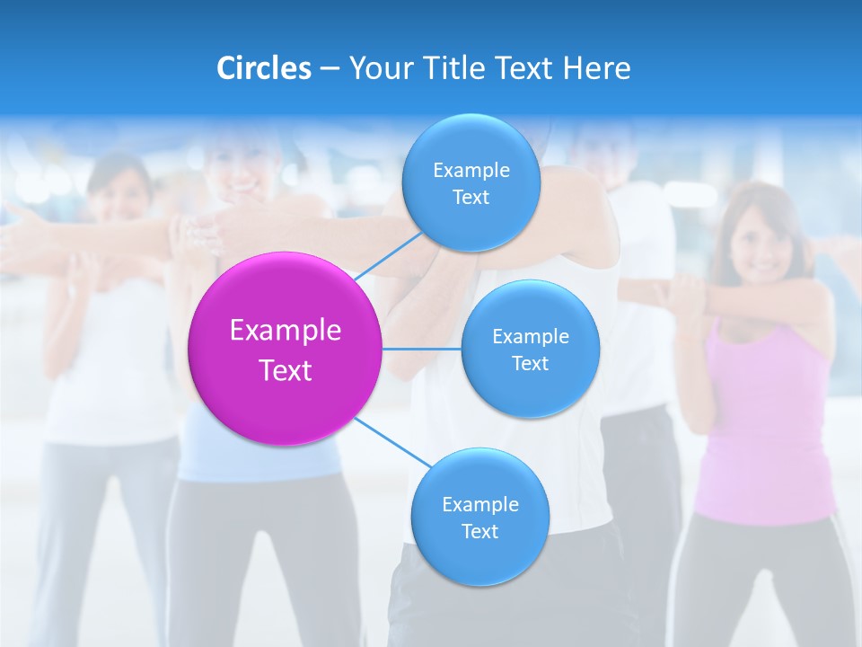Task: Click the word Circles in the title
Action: pos(264,68)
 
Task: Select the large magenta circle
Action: pos(285,349)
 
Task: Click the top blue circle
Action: pos(471,183)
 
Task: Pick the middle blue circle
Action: pos(530,349)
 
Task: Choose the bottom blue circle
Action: pos(479,518)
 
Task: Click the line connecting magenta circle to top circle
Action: pos(388,255)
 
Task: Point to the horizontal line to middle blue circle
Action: pos(422,349)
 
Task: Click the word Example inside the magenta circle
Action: pos(286,330)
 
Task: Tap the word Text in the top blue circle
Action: pos(471,198)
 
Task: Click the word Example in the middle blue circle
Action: pos(531,336)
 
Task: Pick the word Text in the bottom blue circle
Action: pos(479,531)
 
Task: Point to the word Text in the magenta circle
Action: pos(286,370)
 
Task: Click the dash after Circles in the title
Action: pos(329,69)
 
